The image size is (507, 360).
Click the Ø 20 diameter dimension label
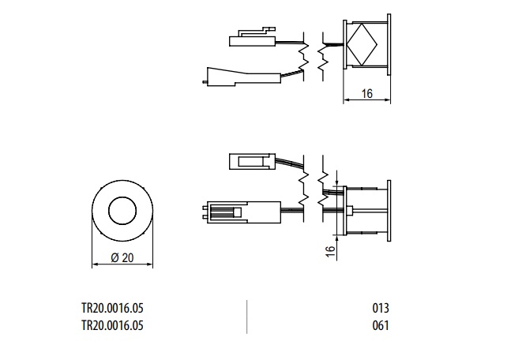[x=122, y=258]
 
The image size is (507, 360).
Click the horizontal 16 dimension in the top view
[x=367, y=94]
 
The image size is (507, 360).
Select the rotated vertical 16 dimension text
[x=330, y=251]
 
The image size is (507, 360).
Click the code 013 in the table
[x=381, y=308]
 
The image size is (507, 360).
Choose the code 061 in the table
[x=381, y=325]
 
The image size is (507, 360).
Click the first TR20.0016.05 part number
[x=112, y=308]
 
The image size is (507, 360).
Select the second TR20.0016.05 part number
[x=112, y=325]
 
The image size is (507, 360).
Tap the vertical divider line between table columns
[x=246, y=317]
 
